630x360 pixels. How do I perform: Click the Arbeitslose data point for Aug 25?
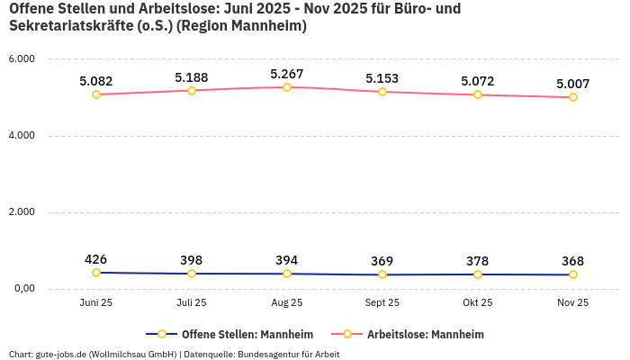coord(287,87)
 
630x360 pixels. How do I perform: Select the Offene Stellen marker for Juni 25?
coord(96,273)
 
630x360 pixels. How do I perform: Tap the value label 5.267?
coord(287,74)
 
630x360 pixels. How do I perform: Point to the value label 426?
coord(96,259)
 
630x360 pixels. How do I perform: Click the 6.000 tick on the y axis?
coord(21,59)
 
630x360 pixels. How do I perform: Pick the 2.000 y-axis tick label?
coord(21,212)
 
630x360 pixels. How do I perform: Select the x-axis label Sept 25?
coord(382,303)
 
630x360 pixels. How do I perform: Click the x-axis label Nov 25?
coord(573,303)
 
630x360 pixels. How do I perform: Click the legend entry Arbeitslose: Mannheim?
coord(425,334)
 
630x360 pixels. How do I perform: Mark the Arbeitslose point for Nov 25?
coord(573,97)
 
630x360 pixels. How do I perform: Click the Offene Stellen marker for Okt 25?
coord(478,274)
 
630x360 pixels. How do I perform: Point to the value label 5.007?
coord(573,84)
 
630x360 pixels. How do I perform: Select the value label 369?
coord(382,261)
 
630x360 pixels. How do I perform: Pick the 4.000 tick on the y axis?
coord(21,136)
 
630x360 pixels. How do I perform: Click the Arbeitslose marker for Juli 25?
coord(192,90)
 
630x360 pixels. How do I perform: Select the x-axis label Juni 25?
coord(96,303)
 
